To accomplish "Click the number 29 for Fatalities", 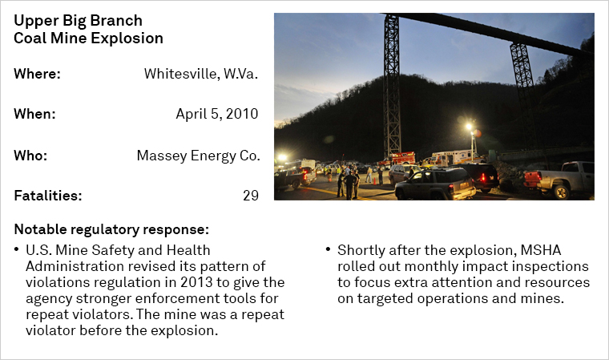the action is click(251, 195).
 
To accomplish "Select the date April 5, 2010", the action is click(216, 114).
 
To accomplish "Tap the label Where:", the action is click(38, 74).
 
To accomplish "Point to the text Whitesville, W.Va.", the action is click(201, 74).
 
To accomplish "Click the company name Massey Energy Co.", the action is click(198, 156).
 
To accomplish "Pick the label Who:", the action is click(30, 156).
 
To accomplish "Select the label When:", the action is click(35, 114).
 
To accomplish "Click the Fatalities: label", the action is click(48, 195).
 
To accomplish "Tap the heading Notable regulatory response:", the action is click(111, 229).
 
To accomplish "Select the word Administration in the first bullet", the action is click(75, 266).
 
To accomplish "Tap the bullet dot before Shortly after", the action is click(329, 249).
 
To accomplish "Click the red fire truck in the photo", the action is click(397, 158).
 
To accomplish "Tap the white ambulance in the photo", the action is click(454, 156).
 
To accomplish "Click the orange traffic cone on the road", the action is click(375, 181).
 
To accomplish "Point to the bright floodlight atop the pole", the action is click(470, 127).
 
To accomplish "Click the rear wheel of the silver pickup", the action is click(561, 192).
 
